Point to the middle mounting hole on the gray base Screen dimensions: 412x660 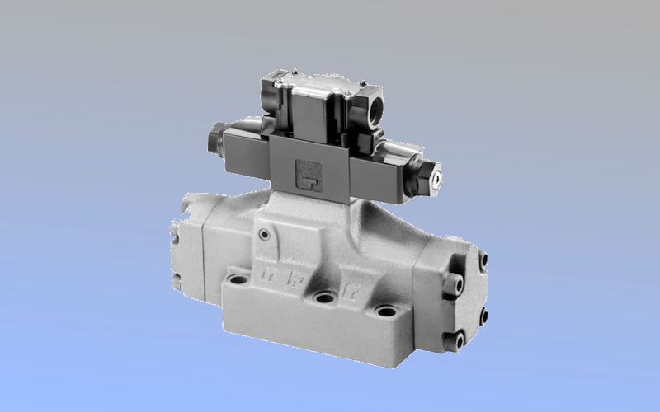(326, 298)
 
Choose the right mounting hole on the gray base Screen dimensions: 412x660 (387, 311)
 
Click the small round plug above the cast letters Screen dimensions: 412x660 (263, 236)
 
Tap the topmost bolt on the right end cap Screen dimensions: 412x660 (483, 260)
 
